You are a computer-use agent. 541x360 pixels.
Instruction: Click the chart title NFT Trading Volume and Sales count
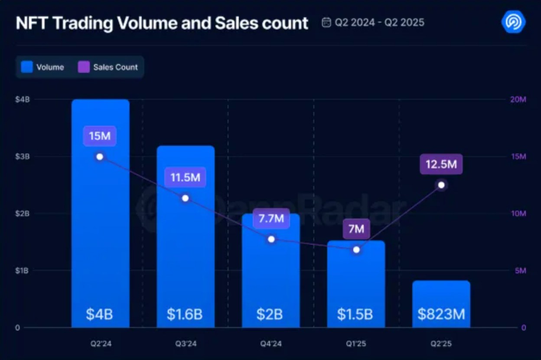(x=162, y=23)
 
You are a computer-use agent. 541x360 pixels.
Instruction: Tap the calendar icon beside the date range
(x=326, y=23)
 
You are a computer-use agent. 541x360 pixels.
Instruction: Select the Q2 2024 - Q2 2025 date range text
(x=379, y=23)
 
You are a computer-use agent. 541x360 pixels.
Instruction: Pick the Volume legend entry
(x=42, y=67)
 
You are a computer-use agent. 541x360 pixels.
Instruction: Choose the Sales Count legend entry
(x=108, y=67)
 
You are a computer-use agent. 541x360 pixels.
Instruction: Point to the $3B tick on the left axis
(x=23, y=157)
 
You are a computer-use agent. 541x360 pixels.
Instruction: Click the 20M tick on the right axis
(x=518, y=100)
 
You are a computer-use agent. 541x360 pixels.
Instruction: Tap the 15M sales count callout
(x=100, y=136)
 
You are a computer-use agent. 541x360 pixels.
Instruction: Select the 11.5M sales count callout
(x=185, y=177)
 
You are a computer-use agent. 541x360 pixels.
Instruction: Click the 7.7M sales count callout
(x=271, y=219)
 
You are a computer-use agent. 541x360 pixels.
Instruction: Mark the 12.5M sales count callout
(x=441, y=164)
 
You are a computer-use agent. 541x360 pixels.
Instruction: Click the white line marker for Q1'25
(x=356, y=250)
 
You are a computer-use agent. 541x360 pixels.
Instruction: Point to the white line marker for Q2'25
(x=441, y=185)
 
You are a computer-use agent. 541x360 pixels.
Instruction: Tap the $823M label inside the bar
(x=441, y=314)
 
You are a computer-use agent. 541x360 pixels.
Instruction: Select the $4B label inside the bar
(x=100, y=314)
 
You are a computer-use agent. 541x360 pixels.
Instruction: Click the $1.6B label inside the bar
(x=185, y=314)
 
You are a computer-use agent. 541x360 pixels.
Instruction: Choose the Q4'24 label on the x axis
(x=271, y=344)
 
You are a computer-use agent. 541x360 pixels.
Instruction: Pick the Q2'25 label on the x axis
(x=441, y=344)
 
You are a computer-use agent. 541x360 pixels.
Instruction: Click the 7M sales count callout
(x=356, y=229)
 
